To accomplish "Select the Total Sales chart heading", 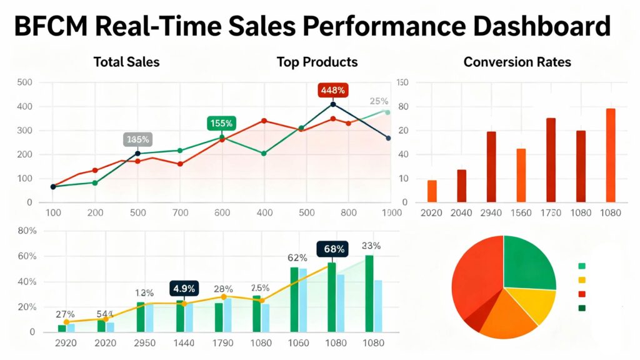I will pyautogui.click(x=126, y=62).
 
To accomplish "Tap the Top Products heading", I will pyautogui.click(x=317, y=62).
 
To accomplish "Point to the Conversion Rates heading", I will pyautogui.click(x=517, y=62).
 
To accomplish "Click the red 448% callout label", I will pyautogui.click(x=332, y=89).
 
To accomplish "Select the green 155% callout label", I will pyautogui.click(x=221, y=123).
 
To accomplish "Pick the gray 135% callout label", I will pyautogui.click(x=137, y=139).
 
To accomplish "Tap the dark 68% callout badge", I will pyautogui.click(x=334, y=249).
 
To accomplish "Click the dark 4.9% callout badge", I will pyautogui.click(x=184, y=288).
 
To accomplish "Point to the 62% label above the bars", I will pyautogui.click(x=297, y=257).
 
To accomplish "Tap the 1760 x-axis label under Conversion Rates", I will pyautogui.click(x=551, y=213).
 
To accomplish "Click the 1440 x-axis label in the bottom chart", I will pyautogui.click(x=184, y=344).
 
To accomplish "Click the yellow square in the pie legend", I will pyautogui.click(x=582, y=280).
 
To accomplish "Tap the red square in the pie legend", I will pyautogui.click(x=582, y=294).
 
